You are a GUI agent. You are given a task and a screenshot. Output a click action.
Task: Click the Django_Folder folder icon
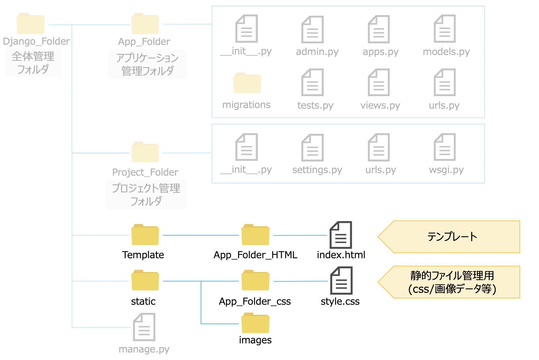(30, 24)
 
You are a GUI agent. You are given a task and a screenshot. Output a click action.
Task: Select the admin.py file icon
(312, 29)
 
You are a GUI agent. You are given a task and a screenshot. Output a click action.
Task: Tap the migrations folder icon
(247, 83)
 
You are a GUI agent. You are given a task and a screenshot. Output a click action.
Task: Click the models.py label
(446, 52)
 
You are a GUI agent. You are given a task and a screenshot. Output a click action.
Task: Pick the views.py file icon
(379, 82)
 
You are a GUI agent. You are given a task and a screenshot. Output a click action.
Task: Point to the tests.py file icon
(312, 82)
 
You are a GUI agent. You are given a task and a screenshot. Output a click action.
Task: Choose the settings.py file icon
(312, 147)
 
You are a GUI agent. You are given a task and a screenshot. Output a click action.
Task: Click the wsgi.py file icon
(444, 147)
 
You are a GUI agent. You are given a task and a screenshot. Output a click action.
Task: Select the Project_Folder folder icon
(145, 152)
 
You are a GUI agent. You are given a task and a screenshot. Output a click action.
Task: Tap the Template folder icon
(145, 235)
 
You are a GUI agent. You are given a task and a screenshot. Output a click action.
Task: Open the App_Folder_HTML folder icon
(255, 235)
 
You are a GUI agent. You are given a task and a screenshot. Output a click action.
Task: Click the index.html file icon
(340, 235)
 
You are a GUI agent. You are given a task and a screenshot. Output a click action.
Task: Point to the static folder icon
(145, 281)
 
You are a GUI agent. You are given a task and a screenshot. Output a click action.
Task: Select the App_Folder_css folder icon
(255, 281)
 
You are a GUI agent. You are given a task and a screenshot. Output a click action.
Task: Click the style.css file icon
(341, 281)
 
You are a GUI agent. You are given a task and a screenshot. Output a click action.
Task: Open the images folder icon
(255, 323)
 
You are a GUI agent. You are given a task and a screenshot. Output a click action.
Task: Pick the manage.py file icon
(144, 327)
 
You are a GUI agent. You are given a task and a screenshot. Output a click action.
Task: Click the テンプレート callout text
(452, 237)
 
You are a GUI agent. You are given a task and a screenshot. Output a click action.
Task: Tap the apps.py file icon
(379, 29)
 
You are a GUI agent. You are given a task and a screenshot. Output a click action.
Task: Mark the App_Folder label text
(144, 41)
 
